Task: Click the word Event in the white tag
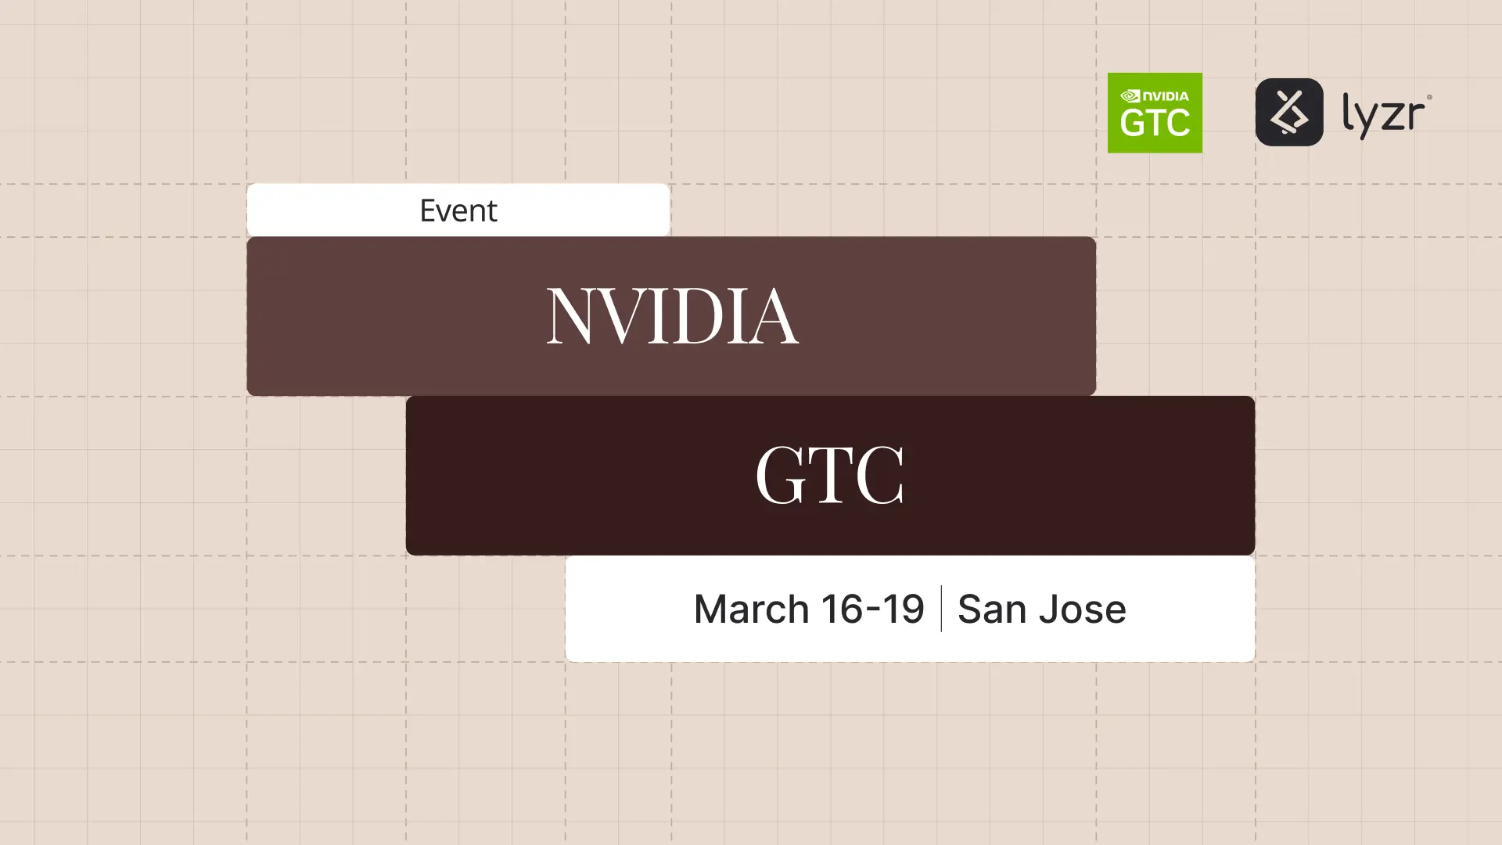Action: (x=458, y=210)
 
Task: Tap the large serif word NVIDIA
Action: (x=671, y=315)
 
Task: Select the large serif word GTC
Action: (x=829, y=475)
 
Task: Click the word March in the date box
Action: (x=751, y=609)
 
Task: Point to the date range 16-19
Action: (x=872, y=609)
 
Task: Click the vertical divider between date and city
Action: (x=940, y=609)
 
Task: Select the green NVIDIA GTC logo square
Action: (x=1155, y=113)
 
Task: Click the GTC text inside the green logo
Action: (x=1155, y=123)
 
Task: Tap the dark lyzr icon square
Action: (x=1289, y=112)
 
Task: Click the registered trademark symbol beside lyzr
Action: (x=1429, y=98)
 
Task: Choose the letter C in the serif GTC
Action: (x=881, y=475)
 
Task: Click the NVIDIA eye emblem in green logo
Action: (x=1130, y=96)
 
